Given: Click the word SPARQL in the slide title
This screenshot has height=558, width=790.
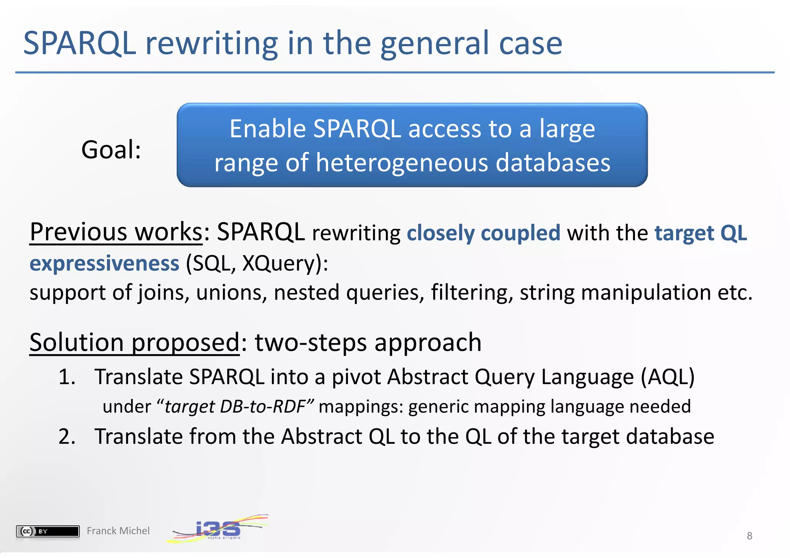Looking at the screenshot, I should tap(79, 43).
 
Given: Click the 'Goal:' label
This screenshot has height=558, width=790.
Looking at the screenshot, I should tap(111, 150).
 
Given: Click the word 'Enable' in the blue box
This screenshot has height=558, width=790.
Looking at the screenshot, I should tap(267, 129).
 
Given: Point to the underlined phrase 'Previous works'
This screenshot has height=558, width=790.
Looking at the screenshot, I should tap(116, 232).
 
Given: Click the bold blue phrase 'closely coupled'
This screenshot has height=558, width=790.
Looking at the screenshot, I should tap(483, 233).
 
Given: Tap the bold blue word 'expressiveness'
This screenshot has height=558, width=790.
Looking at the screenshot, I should tap(105, 263).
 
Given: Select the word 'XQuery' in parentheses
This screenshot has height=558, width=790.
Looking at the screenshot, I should tap(276, 264).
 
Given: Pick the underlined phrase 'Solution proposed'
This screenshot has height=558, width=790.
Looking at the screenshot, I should tap(135, 342).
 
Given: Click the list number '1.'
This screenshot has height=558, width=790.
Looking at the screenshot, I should tap(67, 377).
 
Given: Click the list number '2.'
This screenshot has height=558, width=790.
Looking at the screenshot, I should tap(67, 437).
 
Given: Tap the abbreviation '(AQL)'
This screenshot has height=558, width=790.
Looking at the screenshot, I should tap(667, 377).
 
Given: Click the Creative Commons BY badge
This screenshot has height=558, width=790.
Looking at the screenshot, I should tap(48, 531).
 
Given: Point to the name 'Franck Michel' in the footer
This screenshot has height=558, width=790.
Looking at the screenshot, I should tap(118, 531).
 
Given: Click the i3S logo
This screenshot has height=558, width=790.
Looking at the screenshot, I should tap(218, 529).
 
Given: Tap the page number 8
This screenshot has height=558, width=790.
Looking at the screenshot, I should tap(749, 536).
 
